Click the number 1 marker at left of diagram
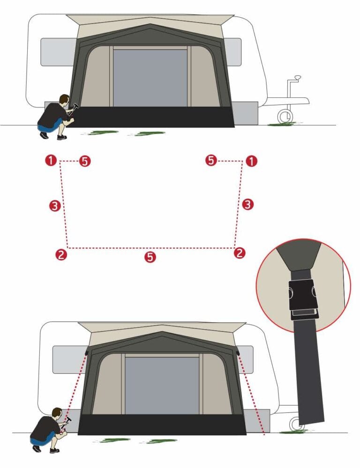(51, 160)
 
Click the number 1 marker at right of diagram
(251, 161)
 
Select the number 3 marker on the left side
(55, 206)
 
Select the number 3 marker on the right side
(247, 204)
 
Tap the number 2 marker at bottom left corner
(61, 254)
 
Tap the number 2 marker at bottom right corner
(240, 253)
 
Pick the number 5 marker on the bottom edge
(150, 257)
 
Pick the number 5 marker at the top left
(85, 161)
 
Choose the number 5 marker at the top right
(211, 160)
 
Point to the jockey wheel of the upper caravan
(285, 116)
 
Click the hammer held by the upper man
(74, 108)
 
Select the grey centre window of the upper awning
(150, 78)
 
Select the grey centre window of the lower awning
(162, 386)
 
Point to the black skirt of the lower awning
(162, 424)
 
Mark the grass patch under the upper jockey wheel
(282, 124)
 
